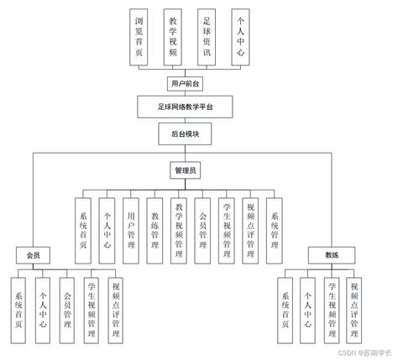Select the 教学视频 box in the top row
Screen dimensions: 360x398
[x=173, y=36]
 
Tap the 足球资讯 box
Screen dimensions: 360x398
[x=207, y=36]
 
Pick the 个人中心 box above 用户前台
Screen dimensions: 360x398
[x=241, y=36]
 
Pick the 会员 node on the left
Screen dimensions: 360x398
[x=34, y=253]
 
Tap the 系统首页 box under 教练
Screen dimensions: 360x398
[x=286, y=308]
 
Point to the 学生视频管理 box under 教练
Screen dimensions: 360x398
[x=333, y=308]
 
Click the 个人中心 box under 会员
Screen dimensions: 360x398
[x=43, y=308]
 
